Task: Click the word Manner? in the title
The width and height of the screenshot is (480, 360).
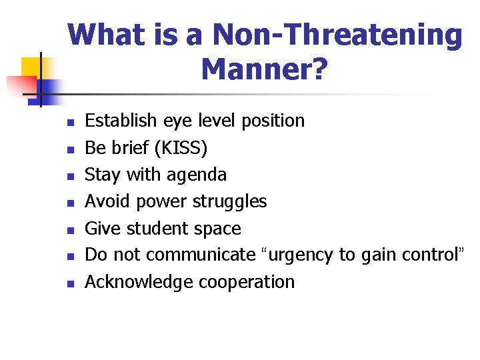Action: coord(264,69)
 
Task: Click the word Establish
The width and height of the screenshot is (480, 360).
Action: coord(121,121)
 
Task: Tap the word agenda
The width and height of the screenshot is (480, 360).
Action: coord(198,175)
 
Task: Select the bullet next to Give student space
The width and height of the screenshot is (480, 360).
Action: coord(69,230)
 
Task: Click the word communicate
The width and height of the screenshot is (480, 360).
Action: coord(201,255)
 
